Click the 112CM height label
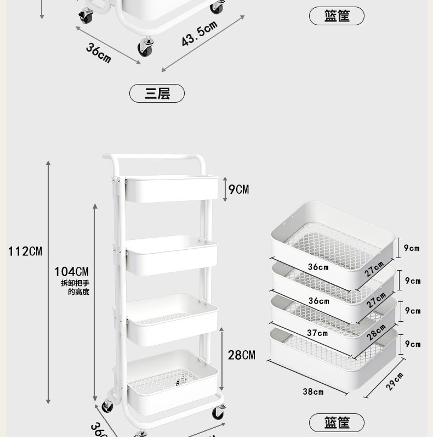click(25, 251)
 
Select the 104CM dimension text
click(71, 271)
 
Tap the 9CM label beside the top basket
click(238, 189)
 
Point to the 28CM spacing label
click(241, 355)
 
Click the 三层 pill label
click(157, 94)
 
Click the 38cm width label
click(313, 391)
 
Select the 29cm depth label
click(395, 381)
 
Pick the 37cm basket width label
click(317, 333)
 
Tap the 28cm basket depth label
click(377, 332)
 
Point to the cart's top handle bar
click(159, 159)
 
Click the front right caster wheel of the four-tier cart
click(218, 413)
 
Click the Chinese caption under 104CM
click(75, 288)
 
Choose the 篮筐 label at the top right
click(337, 16)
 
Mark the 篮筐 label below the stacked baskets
click(337, 423)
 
